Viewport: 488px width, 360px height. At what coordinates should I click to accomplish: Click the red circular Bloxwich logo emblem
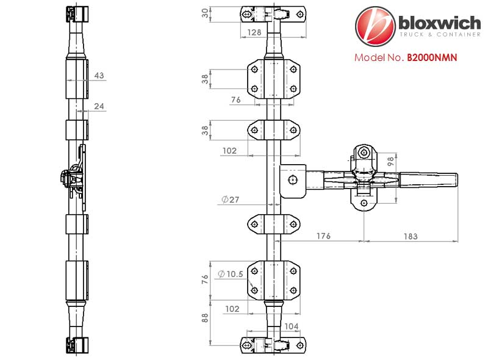coord(375,26)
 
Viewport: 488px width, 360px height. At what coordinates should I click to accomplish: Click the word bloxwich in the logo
coord(440,23)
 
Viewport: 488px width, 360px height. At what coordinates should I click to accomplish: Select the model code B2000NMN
coord(432,57)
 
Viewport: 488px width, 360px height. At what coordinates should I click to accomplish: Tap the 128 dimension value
coord(254,32)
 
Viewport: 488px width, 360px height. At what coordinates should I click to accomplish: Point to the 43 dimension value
coord(99,76)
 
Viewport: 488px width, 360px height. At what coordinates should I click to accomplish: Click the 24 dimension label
coord(99,106)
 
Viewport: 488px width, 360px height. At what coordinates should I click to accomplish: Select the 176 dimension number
coord(323,236)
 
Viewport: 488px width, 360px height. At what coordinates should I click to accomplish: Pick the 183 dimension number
coord(411,236)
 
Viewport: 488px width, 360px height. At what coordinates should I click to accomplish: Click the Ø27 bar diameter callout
coord(231,200)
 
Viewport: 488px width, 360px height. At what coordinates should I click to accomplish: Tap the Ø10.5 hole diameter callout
coord(231,274)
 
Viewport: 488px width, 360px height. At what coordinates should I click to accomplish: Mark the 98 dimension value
coord(391,161)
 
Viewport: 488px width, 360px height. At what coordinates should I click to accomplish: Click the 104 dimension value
coord(291,326)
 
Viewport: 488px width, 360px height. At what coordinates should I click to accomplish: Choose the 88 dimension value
coord(204,318)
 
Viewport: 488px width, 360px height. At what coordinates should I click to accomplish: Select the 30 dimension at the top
coord(205,13)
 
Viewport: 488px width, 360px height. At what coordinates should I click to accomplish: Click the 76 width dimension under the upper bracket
coord(235,99)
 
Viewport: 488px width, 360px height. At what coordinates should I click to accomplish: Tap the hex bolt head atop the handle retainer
coord(363,153)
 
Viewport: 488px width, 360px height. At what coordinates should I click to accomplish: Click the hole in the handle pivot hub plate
coord(293,180)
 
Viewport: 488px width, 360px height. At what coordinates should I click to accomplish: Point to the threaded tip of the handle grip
coord(456,181)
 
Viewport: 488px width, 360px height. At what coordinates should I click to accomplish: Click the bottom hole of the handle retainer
coord(364,203)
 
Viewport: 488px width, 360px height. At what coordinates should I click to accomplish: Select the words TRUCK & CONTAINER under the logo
coord(440,35)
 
